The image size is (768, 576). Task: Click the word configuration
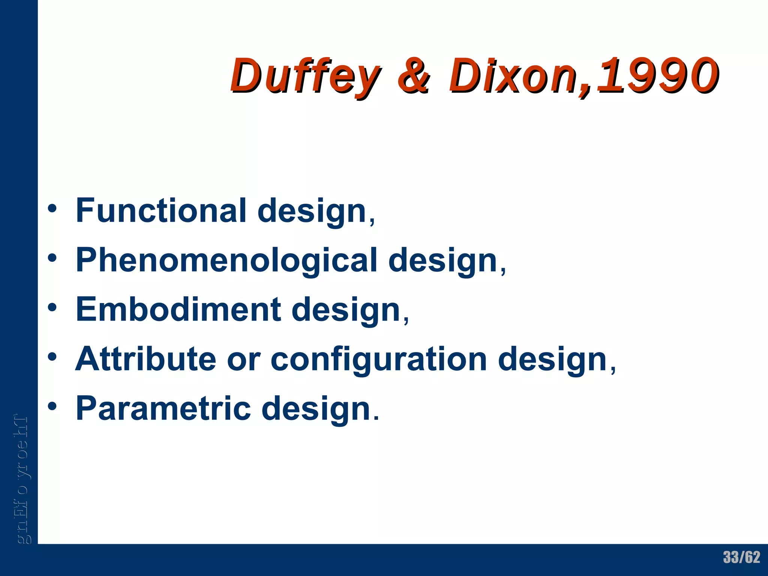point(379,360)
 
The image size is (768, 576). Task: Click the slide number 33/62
point(741,557)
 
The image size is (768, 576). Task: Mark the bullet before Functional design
point(52,209)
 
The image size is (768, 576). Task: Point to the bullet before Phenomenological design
point(52,258)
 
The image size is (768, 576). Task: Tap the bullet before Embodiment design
point(52,308)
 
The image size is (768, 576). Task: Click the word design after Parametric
point(316,409)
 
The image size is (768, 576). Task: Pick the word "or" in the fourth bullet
point(243,360)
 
